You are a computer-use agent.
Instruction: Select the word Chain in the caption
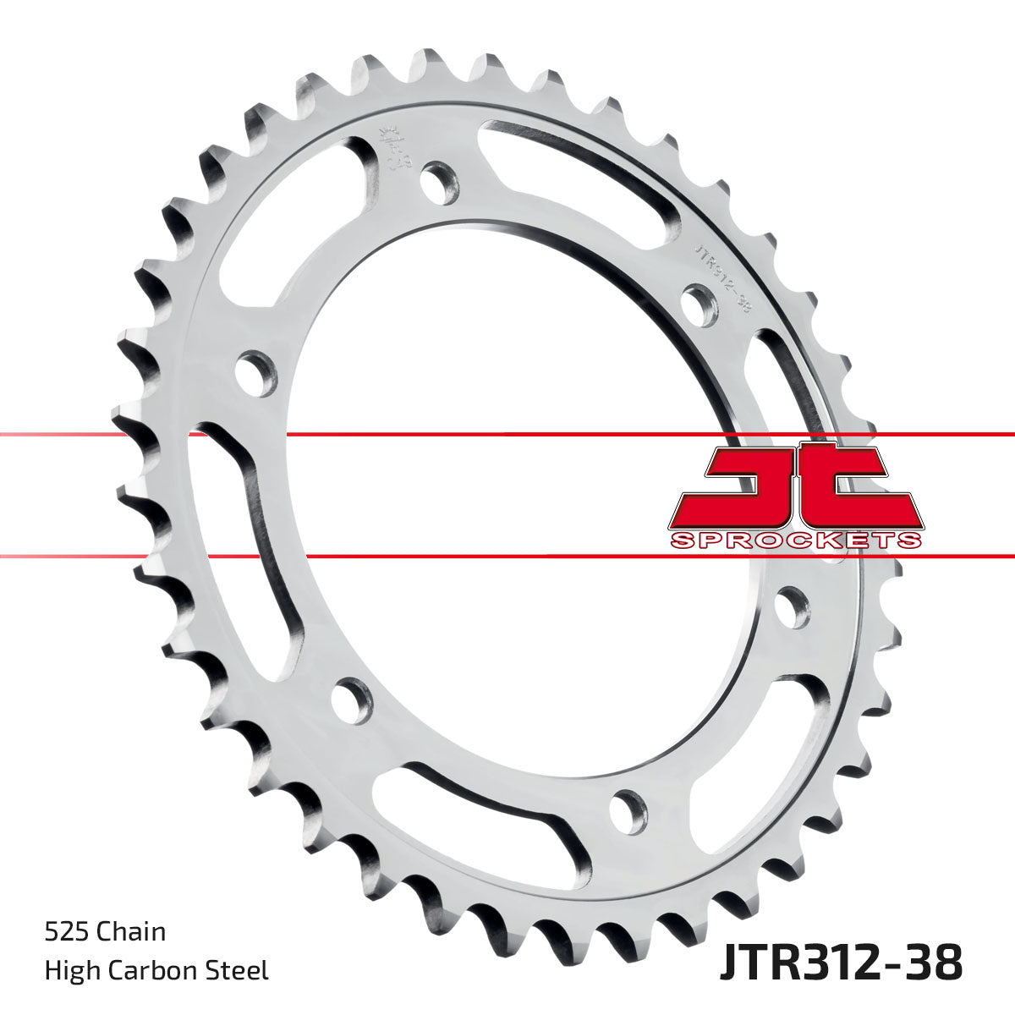[x=131, y=932]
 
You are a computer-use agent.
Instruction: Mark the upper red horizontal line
[x=507, y=435]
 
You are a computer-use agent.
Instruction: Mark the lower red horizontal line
[x=507, y=557]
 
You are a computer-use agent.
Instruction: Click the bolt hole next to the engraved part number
[x=700, y=304]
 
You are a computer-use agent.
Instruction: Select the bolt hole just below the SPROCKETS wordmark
[x=791, y=607]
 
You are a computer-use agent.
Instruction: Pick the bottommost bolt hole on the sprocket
[x=628, y=808]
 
